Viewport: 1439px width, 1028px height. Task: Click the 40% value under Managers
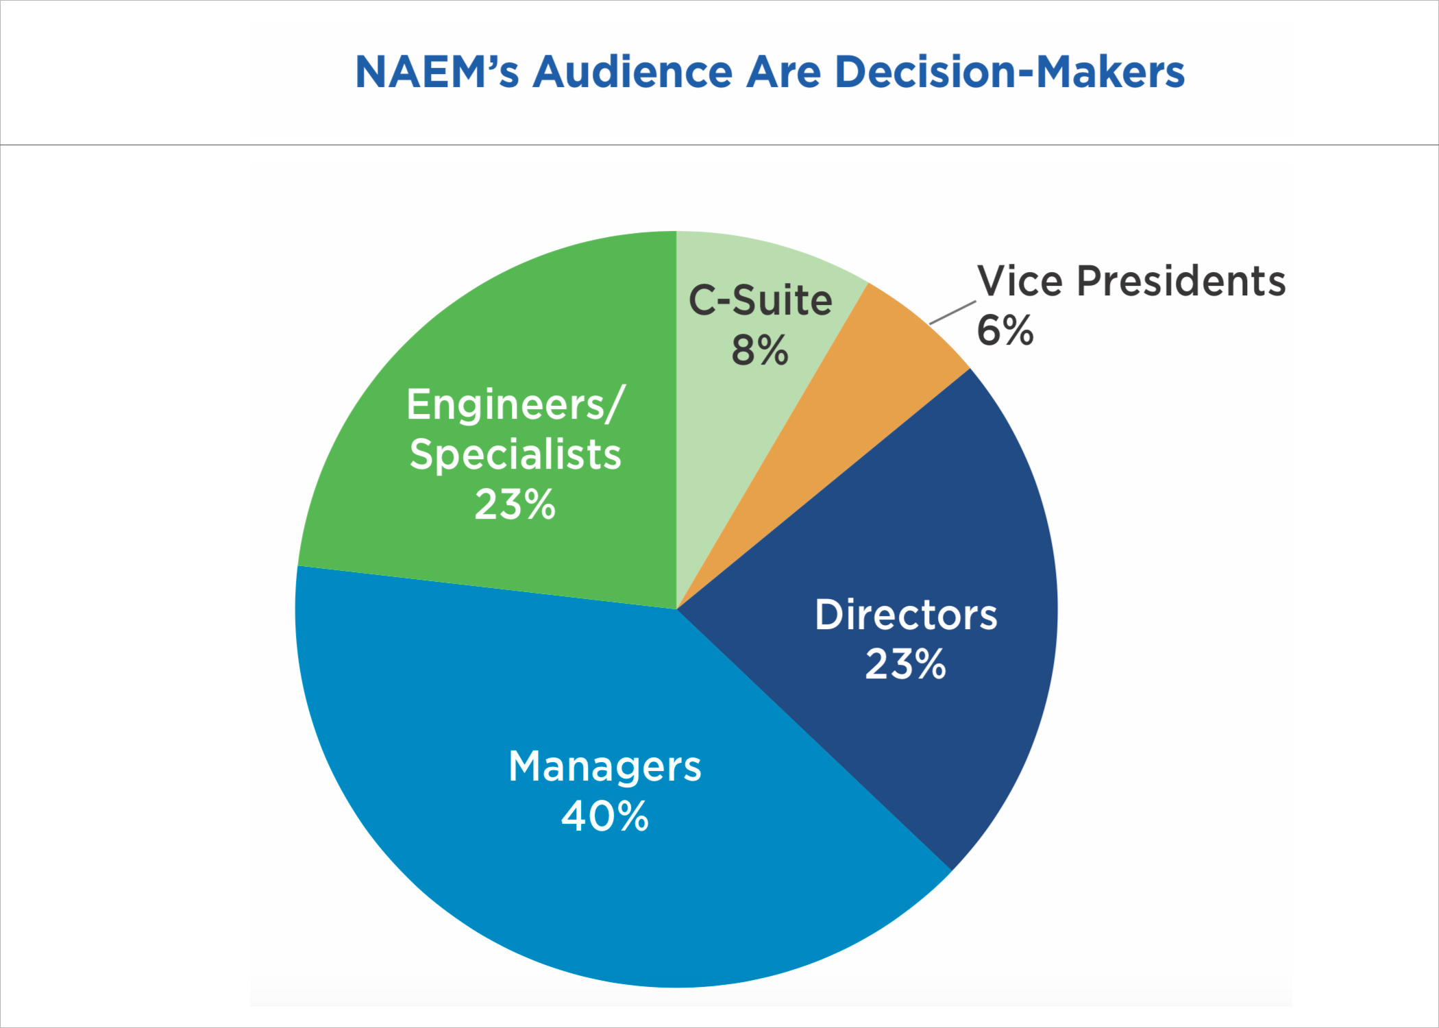(x=605, y=816)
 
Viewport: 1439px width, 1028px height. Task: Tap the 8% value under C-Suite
(x=760, y=350)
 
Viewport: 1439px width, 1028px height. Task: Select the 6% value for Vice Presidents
(x=1005, y=330)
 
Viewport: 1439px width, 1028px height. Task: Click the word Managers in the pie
(x=605, y=766)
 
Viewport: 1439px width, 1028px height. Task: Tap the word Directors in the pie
(x=906, y=615)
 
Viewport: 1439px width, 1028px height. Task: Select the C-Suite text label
(x=760, y=300)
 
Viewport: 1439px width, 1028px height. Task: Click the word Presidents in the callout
(x=1181, y=281)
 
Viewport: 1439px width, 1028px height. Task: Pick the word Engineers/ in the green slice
(x=515, y=404)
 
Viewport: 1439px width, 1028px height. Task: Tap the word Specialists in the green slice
(x=515, y=454)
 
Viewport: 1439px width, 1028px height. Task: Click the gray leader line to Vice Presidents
(x=952, y=313)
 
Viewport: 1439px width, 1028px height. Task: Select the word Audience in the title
(x=632, y=72)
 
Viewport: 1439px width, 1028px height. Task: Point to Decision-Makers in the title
(x=1009, y=72)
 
